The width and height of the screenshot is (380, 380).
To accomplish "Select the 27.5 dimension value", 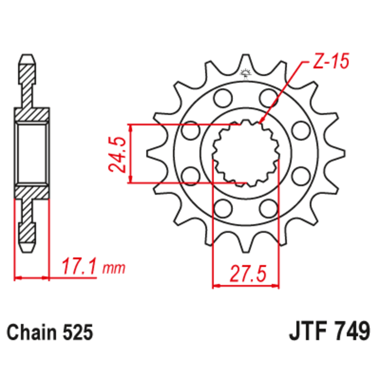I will (x=246, y=274).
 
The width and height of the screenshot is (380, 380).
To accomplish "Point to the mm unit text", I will (x=114, y=269).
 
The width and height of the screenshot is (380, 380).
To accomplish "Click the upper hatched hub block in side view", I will (x=32, y=114).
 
